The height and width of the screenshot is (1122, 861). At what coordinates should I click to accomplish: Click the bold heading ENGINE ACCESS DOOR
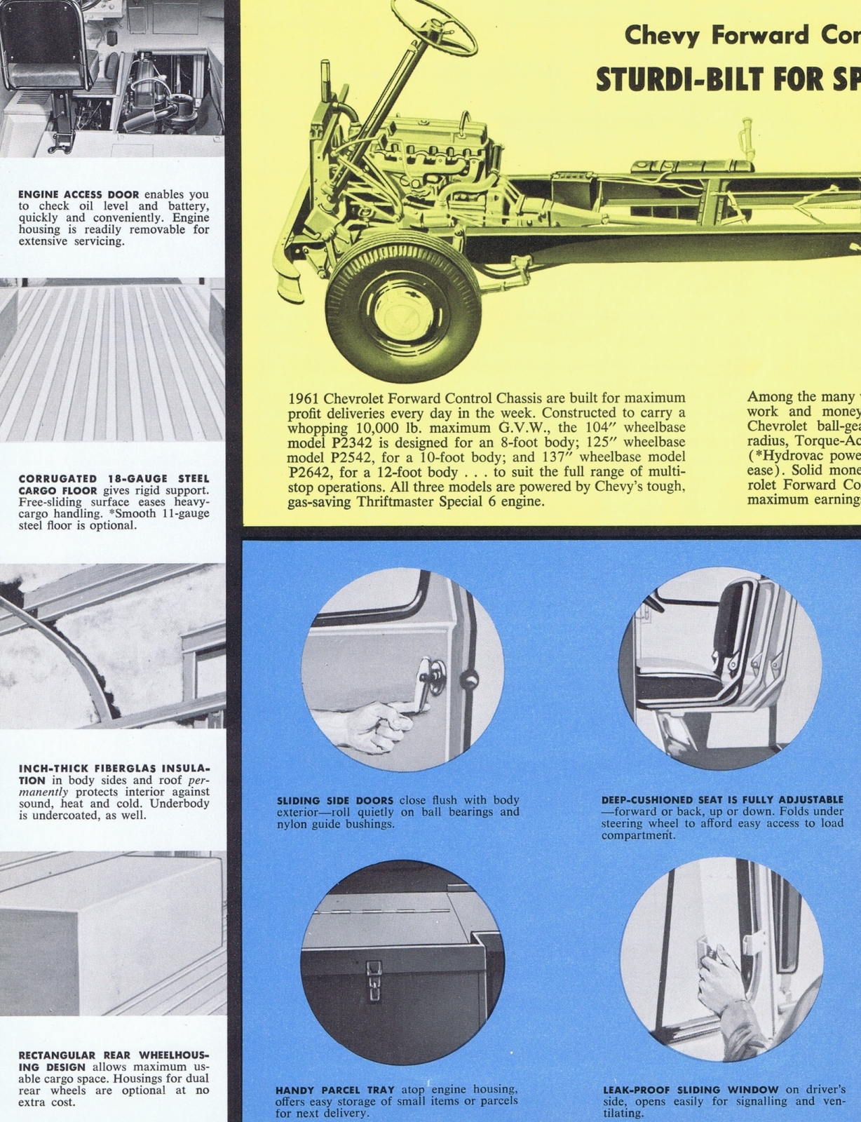[x=79, y=194]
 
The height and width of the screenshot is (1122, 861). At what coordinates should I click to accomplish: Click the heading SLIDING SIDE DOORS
[x=336, y=801]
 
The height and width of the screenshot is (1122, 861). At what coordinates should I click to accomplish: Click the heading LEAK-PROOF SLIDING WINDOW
[x=691, y=1090]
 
